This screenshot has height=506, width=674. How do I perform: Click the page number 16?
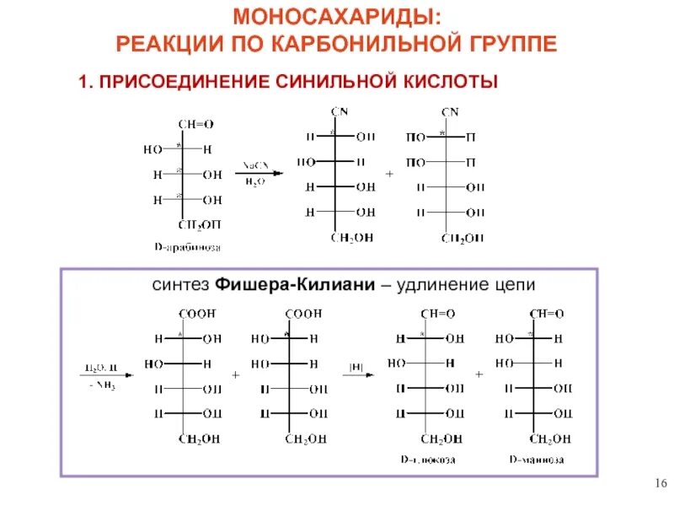(x=660, y=482)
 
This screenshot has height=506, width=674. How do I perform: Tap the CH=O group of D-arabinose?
(x=195, y=124)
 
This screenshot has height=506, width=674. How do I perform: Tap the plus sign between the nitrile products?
(x=389, y=174)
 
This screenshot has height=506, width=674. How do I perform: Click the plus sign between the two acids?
(x=235, y=374)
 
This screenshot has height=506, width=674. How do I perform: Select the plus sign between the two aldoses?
(x=479, y=374)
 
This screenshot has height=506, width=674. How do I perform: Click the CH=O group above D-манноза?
(x=547, y=314)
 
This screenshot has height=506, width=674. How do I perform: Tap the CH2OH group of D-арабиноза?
(x=200, y=224)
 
